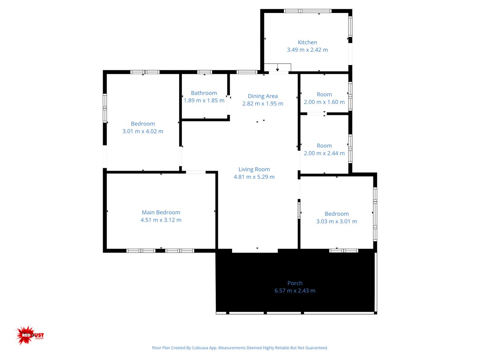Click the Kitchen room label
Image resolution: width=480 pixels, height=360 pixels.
pyautogui.click(x=307, y=42)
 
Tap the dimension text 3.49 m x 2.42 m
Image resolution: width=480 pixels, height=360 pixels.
pyautogui.click(x=307, y=50)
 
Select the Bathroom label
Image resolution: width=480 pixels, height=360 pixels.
pyautogui.click(x=204, y=93)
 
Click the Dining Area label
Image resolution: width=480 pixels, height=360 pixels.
pyautogui.click(x=262, y=96)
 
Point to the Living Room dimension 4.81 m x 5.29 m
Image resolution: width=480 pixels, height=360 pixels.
pyautogui.click(x=254, y=177)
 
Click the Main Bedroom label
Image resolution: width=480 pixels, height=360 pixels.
pyautogui.click(x=161, y=213)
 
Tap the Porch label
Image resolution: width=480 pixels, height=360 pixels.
pyautogui.click(x=295, y=283)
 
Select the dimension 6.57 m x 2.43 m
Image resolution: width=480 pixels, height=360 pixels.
pyautogui.click(x=295, y=291)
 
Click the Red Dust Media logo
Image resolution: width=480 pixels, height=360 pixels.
pyautogui.click(x=30, y=335)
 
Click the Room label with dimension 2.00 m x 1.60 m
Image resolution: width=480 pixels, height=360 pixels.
pyautogui.click(x=324, y=95)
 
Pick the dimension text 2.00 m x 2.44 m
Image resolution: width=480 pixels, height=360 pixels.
pyautogui.click(x=324, y=153)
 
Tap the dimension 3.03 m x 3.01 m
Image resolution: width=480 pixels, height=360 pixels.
pyautogui.click(x=336, y=221)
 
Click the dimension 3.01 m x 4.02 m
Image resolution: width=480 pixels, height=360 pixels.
pyautogui.click(x=143, y=131)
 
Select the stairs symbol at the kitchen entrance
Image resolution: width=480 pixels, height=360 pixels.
pyautogui.click(x=277, y=68)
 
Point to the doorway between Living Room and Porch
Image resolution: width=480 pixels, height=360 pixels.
pyautogui.click(x=255, y=251)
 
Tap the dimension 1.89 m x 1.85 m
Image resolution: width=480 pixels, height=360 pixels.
pyautogui.click(x=204, y=100)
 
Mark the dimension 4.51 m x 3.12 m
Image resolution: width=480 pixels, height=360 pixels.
pyautogui.click(x=161, y=220)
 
